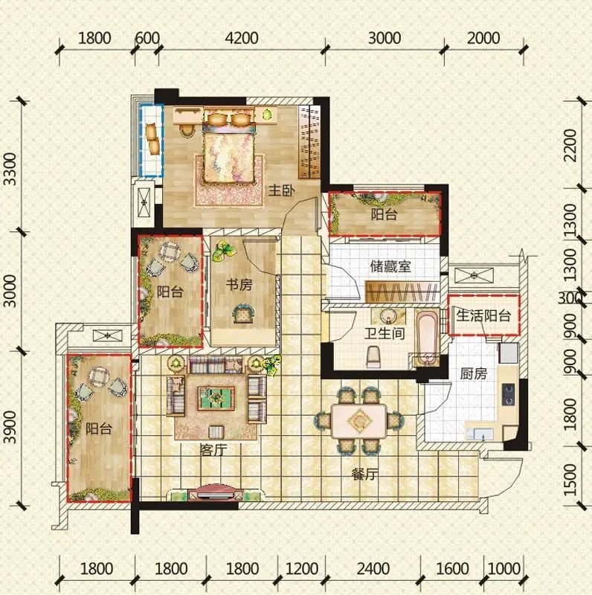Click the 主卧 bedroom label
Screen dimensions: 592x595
[x=281, y=190]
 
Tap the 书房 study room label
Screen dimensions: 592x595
[x=239, y=285]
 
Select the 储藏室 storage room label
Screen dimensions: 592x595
[x=390, y=266]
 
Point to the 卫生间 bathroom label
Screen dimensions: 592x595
[x=385, y=333]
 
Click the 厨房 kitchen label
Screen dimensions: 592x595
[x=473, y=374]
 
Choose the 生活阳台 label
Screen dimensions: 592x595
[x=483, y=315]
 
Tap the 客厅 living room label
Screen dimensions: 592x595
[x=213, y=450]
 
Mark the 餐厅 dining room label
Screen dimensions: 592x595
[x=365, y=474]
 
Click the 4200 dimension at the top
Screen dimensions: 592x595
[x=242, y=39]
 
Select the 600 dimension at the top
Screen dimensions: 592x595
[x=147, y=39]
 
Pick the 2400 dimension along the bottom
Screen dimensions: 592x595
[x=373, y=569]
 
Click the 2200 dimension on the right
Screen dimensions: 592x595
[x=570, y=145]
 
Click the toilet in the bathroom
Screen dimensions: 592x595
[x=373, y=357]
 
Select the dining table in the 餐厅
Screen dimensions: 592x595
[x=359, y=420]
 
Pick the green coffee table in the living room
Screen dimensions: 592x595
[x=216, y=398]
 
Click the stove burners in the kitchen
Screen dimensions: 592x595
[x=508, y=394]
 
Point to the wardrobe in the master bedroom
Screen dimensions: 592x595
[x=309, y=141]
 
